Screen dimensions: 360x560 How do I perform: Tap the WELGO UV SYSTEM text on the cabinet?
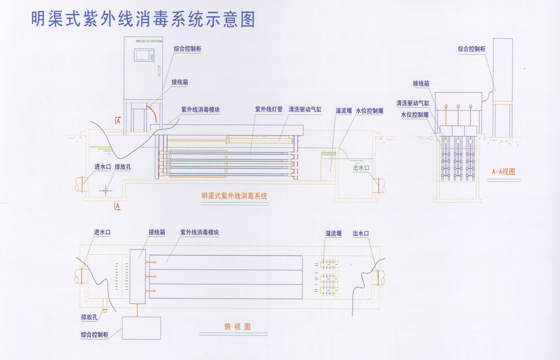pyautogui.click(x=149, y=41)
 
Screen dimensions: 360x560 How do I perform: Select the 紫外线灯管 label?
pyautogui.click(x=269, y=109)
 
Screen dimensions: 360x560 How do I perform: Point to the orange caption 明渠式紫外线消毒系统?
pyautogui.click(x=234, y=196)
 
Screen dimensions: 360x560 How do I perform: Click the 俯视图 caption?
pyautogui.click(x=238, y=327)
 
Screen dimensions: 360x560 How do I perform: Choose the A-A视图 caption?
pyautogui.click(x=503, y=172)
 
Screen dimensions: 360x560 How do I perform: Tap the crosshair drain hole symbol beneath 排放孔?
pyautogui.click(x=106, y=191)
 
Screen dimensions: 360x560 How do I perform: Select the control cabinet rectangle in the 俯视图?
pyautogui.click(x=141, y=328)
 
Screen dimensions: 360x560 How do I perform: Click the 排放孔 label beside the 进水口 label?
pyautogui.click(x=123, y=167)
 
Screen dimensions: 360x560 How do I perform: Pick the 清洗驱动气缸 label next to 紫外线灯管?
pyautogui.click(x=305, y=109)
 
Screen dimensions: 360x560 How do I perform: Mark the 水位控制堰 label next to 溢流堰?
pyautogui.click(x=370, y=111)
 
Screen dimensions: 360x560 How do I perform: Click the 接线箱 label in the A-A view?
pyautogui.click(x=421, y=84)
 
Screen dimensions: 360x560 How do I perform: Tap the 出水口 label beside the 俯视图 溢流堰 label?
pyautogui.click(x=361, y=234)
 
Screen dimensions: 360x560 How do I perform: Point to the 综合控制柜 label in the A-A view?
pyautogui.click(x=471, y=49)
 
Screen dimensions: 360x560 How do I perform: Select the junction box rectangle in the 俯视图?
pyautogui.click(x=137, y=277)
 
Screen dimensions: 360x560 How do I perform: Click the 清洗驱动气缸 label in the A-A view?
pyautogui.click(x=412, y=103)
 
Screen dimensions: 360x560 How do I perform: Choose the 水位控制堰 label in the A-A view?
pyautogui.click(x=415, y=115)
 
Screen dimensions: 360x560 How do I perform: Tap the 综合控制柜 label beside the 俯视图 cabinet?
pyautogui.click(x=95, y=335)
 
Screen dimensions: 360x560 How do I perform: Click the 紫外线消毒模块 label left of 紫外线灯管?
pyautogui.click(x=200, y=110)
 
